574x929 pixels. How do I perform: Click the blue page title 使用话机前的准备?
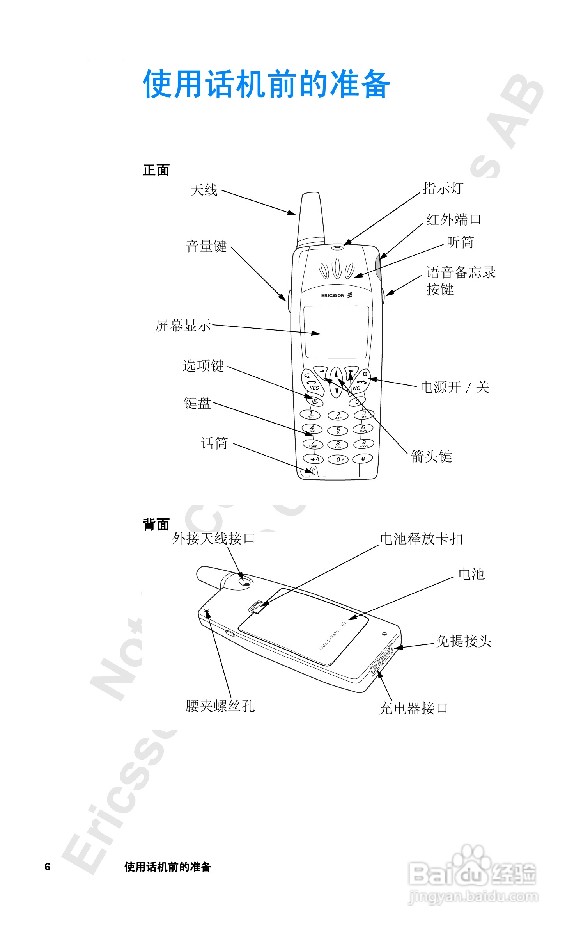point(266,84)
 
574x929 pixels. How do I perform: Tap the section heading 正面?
point(156,170)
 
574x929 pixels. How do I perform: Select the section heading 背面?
point(156,524)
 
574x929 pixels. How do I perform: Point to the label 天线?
point(204,190)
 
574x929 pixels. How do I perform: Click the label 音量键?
point(206,246)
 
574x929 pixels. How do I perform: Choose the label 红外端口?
point(454,219)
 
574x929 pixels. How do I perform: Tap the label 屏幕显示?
point(183,325)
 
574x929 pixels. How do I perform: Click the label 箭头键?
point(431,456)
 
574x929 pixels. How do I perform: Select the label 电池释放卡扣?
point(421,539)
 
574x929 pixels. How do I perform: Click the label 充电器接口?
point(413,708)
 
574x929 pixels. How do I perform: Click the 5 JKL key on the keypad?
point(338,431)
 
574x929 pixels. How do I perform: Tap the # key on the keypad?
point(363,459)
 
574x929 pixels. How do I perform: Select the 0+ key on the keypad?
point(338,460)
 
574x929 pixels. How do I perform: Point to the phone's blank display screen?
point(336,332)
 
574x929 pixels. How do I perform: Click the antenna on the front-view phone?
point(311,219)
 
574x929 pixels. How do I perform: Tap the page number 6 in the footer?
point(48,867)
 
